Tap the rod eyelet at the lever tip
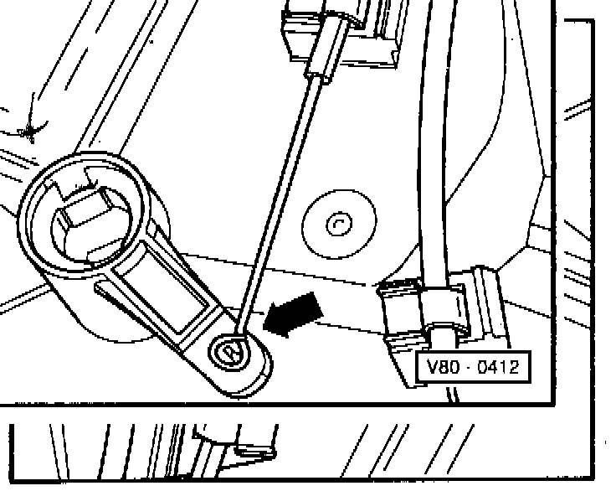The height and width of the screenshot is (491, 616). pyautogui.click(x=232, y=351)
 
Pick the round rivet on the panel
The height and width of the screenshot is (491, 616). pyautogui.click(x=338, y=225)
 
